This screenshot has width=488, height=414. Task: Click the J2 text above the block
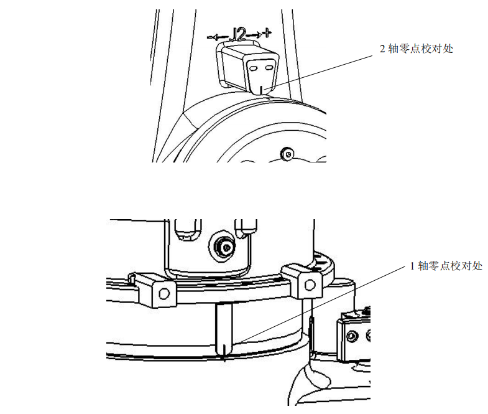[239, 34]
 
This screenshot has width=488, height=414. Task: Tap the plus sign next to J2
[267, 32]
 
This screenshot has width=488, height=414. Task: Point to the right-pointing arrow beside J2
[254, 34]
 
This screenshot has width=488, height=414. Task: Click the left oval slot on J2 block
[254, 68]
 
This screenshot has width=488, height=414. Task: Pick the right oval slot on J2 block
[269, 67]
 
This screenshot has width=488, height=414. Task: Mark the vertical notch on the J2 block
[262, 90]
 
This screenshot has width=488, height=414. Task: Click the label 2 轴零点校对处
[417, 49]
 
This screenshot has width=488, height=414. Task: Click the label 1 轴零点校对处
[446, 266]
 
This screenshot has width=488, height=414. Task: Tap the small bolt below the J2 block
[287, 154]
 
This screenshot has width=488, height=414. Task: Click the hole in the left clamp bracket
[164, 293]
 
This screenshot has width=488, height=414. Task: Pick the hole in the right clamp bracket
[310, 285]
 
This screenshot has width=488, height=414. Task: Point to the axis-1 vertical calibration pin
[224, 330]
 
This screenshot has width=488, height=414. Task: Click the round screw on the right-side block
[352, 336]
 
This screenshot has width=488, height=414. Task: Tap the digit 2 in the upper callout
[382, 49]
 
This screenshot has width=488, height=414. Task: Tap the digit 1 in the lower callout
[412, 266]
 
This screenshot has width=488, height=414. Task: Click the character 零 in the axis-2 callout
[404, 49]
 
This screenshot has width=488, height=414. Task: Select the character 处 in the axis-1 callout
[477, 266]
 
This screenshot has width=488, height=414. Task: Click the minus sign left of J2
[209, 38]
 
